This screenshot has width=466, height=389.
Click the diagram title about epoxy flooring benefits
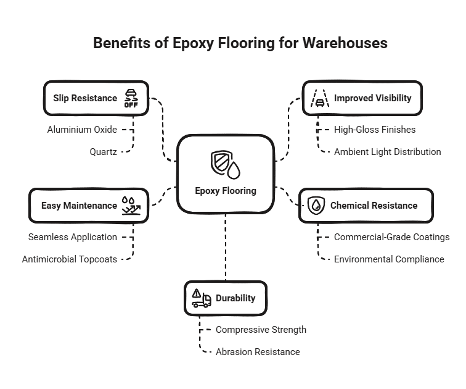pyautogui.click(x=240, y=43)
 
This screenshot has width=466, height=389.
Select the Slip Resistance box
pyautogui.click(x=96, y=98)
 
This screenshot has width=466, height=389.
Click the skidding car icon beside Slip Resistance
pyautogui.click(x=131, y=98)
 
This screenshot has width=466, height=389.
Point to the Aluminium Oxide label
pyautogui.click(x=82, y=130)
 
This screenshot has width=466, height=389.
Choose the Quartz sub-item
pyautogui.click(x=103, y=151)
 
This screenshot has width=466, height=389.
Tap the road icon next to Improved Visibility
pyautogui.click(x=319, y=98)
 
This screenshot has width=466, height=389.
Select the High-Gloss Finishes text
pyautogui.click(x=375, y=130)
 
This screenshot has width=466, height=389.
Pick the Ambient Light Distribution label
pyautogui.click(x=388, y=151)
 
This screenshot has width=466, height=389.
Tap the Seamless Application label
pyautogui.click(x=72, y=237)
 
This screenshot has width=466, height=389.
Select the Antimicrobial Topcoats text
pyautogui.click(x=69, y=259)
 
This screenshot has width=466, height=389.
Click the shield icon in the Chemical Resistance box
pyautogui.click(x=316, y=206)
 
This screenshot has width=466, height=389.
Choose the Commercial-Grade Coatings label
pyautogui.click(x=391, y=237)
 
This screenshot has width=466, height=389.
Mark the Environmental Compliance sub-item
pyautogui.click(x=389, y=259)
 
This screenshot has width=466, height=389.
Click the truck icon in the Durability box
pyautogui.click(x=201, y=298)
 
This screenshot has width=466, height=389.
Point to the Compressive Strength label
pyautogui.click(x=261, y=330)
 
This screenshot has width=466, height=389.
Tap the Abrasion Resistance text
pyautogui.click(x=258, y=352)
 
